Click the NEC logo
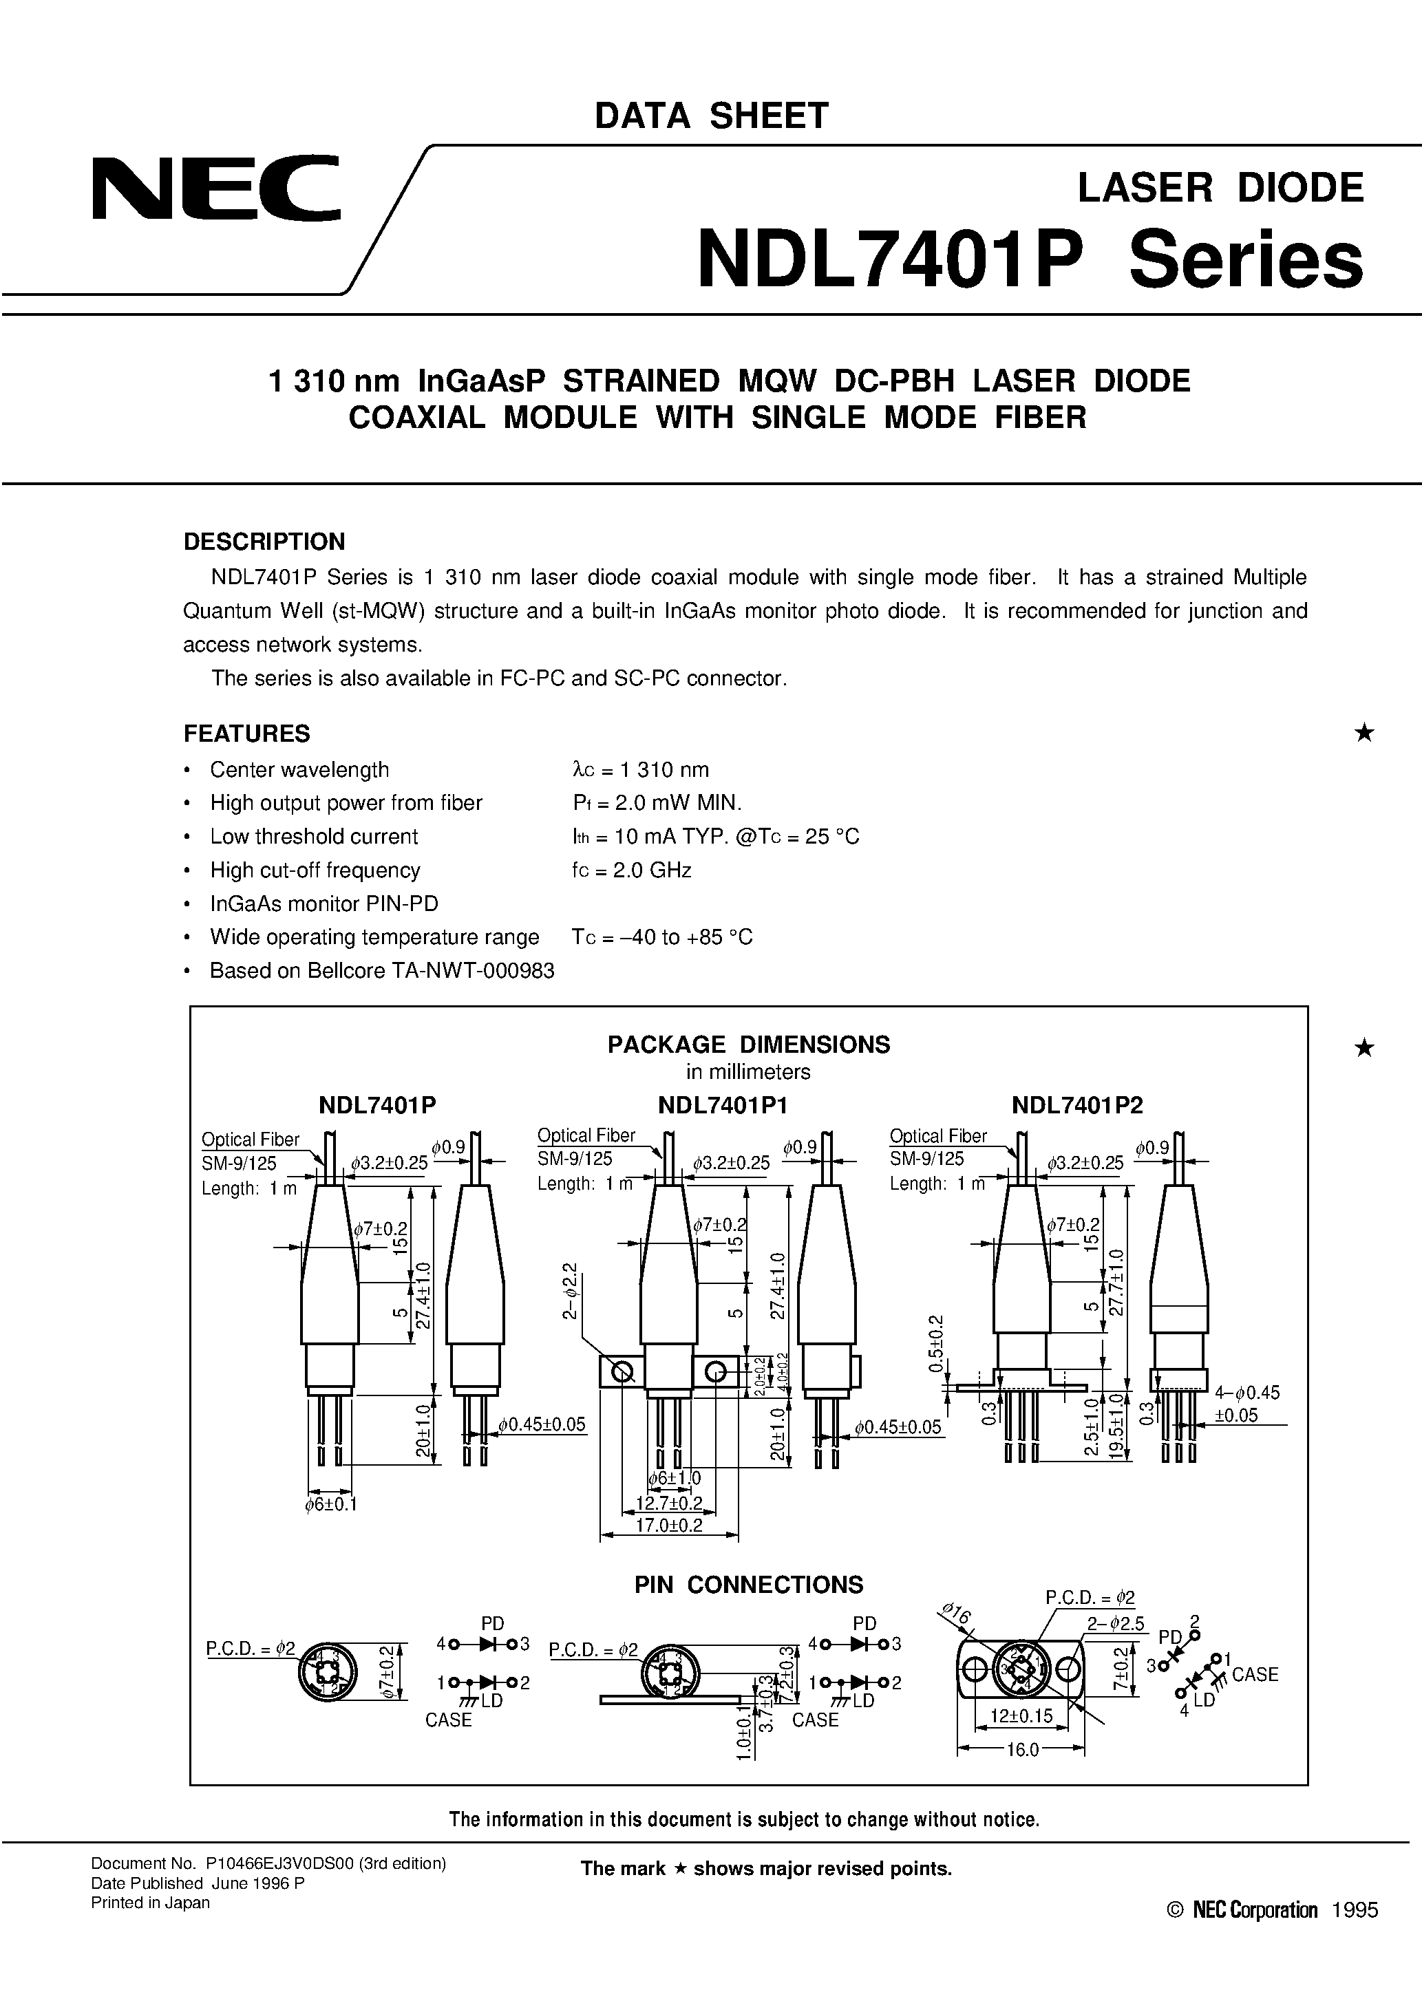pos(215,188)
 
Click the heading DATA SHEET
pos(711,116)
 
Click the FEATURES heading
pos(246,734)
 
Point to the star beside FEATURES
pos(1364,733)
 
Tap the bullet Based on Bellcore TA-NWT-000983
pos(381,971)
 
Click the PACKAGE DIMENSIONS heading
pos(749,1045)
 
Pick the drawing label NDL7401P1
pos(723,1106)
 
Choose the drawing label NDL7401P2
pos(1076,1106)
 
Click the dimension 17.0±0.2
pos(669,1525)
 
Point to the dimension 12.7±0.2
pos(669,1503)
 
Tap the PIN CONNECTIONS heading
pos(749,1585)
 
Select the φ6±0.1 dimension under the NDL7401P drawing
pos(330,1505)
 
